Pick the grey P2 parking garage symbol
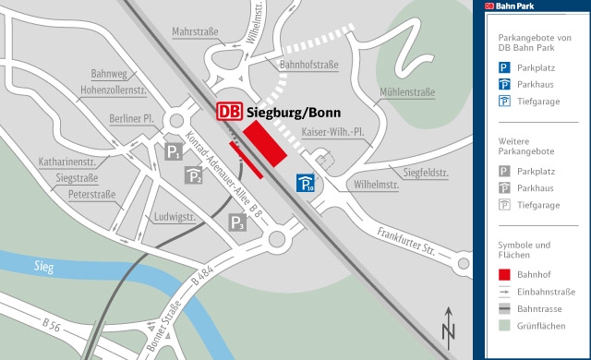(x=193, y=175)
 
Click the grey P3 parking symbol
(x=237, y=222)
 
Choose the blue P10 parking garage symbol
(x=306, y=183)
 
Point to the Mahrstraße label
(x=195, y=32)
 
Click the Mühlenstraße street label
(x=406, y=93)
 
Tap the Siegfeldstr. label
(x=425, y=172)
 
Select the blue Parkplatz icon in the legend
(x=504, y=67)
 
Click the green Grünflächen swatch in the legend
(x=504, y=325)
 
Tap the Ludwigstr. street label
(x=176, y=217)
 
